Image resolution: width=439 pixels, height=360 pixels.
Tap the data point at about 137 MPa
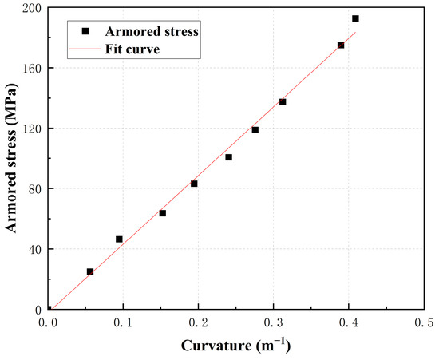point(283,102)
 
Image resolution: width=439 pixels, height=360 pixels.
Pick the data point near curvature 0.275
point(255,130)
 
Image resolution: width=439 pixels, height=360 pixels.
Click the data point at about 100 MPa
point(228,157)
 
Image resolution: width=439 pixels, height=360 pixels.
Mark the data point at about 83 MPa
point(194,184)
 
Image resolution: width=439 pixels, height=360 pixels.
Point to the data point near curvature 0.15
point(163,213)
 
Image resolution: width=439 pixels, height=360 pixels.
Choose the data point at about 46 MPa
point(119,239)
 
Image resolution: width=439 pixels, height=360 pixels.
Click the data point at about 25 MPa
point(90,272)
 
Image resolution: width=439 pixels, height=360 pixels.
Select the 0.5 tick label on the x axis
point(424,323)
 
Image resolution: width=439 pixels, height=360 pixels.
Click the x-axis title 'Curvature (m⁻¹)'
point(236,346)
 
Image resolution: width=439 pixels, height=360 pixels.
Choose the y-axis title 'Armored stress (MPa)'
point(12,158)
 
